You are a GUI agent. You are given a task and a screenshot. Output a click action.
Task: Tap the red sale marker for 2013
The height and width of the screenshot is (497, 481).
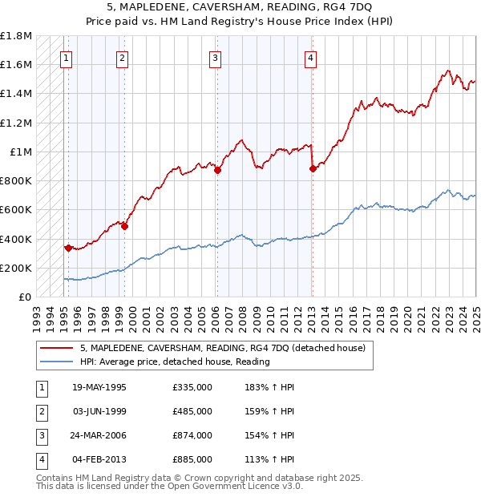click(x=312, y=168)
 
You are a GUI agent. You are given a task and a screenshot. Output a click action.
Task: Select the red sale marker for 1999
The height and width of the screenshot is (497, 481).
click(x=125, y=226)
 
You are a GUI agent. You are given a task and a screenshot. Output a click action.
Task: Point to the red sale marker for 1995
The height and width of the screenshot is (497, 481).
click(x=68, y=248)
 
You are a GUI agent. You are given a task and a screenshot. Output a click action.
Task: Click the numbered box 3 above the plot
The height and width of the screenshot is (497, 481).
click(x=216, y=57)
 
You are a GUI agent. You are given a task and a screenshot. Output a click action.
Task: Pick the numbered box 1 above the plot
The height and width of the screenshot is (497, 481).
click(x=66, y=57)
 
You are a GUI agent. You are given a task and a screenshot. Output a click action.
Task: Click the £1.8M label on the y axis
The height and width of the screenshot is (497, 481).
click(x=16, y=36)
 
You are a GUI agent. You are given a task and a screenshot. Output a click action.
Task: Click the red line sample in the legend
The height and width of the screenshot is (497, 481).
click(x=56, y=348)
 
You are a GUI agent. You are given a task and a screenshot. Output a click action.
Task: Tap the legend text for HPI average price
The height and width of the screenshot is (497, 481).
click(x=174, y=362)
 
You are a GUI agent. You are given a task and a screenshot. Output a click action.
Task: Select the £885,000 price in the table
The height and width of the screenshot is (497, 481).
click(x=192, y=459)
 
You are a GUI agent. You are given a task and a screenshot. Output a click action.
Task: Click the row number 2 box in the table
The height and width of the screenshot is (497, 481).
click(x=40, y=411)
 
